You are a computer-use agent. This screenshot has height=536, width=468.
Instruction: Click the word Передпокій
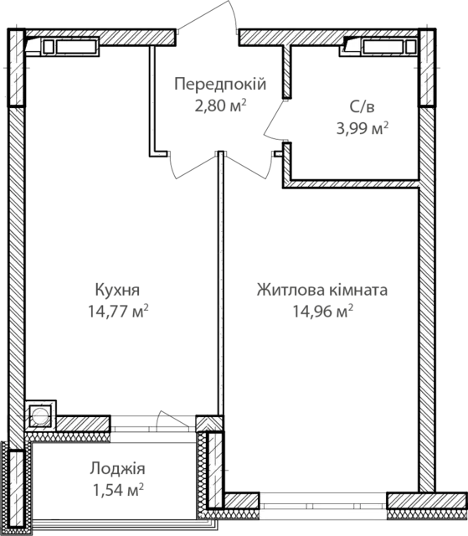coord(220,85)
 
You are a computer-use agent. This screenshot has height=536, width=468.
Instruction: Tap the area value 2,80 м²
coord(220,106)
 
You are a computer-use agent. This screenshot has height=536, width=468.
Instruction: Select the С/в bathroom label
coord(363,107)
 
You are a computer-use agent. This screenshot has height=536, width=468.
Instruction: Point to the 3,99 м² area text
coord(363,128)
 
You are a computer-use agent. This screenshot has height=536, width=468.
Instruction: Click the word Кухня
coord(117,290)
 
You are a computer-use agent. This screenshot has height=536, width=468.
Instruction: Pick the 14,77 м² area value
coord(118,311)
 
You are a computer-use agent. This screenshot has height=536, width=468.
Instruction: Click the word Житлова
coord(291,290)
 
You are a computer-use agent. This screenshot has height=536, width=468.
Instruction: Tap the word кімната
coord(358,290)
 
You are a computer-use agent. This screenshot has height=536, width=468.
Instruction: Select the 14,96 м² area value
coord(323,311)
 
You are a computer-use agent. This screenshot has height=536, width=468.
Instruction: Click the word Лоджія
coord(117,469)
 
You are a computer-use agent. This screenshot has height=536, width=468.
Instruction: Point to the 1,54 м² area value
coord(118,490)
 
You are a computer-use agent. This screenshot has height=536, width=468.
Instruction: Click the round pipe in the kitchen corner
coord(40,416)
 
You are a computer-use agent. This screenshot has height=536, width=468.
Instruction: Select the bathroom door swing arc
coord(273,120)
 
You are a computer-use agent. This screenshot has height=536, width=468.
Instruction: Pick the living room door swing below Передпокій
coord(249,167)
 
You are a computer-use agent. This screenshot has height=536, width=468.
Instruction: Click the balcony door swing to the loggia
coord(172,420)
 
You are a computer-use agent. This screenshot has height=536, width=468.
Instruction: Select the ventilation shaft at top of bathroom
coord(378,47)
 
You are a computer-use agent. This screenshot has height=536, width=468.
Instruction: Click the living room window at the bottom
coord(323,501)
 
